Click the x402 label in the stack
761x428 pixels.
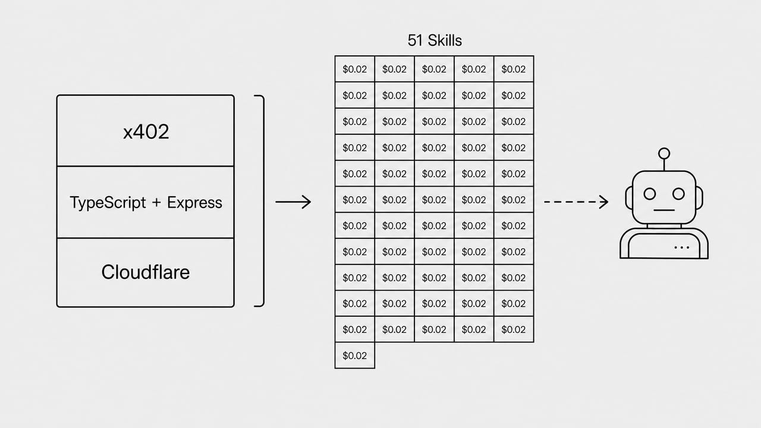click(146, 132)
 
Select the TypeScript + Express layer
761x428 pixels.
click(146, 202)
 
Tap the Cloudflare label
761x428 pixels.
click(146, 272)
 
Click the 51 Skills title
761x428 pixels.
click(435, 40)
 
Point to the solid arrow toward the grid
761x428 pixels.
click(293, 202)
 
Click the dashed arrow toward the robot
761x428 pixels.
click(576, 202)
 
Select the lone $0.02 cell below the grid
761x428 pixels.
click(355, 355)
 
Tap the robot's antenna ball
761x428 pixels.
click(664, 153)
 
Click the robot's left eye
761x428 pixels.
click(650, 194)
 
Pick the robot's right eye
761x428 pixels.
click(678, 194)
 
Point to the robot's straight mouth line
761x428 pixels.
click(664, 210)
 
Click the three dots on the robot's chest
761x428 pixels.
click(681, 247)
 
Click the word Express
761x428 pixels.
click(194, 203)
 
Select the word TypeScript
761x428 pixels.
click(108, 203)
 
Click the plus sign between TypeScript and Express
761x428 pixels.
click(156, 203)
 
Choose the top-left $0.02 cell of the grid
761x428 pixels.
click(355, 69)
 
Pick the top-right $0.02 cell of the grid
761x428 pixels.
click(514, 69)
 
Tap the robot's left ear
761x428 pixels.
click(628, 197)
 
